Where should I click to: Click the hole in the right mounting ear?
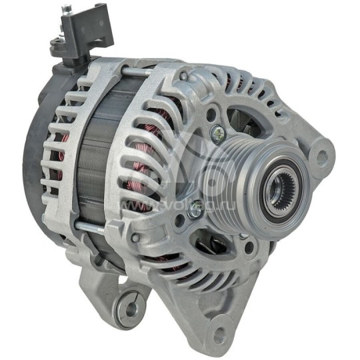[323, 157]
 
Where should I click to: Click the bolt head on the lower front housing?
[136, 237]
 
